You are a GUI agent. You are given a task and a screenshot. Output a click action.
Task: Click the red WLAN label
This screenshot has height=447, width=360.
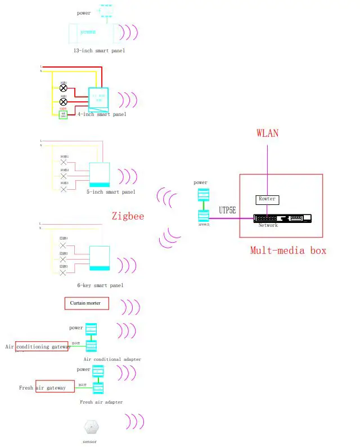tap(267, 133)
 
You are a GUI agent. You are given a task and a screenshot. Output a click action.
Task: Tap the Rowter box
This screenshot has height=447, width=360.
tap(267, 199)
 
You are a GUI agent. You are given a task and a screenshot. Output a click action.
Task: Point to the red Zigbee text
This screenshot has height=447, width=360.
tap(128, 216)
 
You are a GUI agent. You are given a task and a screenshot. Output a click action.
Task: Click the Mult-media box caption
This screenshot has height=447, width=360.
tap(288, 250)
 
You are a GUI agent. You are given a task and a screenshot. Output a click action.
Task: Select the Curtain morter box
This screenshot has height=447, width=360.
tap(85, 303)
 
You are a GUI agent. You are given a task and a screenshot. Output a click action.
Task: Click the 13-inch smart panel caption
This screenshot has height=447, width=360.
tap(99, 51)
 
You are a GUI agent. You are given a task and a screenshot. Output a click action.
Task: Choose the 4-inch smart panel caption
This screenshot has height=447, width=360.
tap(102, 114)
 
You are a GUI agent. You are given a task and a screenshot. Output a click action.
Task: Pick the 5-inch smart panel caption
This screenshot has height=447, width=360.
tap(111, 192)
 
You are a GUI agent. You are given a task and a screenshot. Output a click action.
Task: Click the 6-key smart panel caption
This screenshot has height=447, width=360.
tap(100, 285)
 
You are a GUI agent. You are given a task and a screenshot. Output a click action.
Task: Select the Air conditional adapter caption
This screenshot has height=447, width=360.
tap(112, 359)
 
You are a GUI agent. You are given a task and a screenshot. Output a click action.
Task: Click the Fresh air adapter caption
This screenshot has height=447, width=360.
tap(101, 402)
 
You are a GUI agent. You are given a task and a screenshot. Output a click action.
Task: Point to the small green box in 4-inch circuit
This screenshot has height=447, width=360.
tap(64, 115)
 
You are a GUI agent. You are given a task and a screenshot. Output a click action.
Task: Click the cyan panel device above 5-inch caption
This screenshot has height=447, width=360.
tap(100, 175)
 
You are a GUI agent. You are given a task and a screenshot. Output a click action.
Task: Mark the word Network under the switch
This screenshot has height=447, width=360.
tap(268, 225)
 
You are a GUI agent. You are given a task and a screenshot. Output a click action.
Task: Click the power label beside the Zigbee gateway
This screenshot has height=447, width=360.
tap(200, 182)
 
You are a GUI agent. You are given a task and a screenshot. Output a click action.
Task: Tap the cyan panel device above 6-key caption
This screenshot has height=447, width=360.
tap(100, 259)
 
